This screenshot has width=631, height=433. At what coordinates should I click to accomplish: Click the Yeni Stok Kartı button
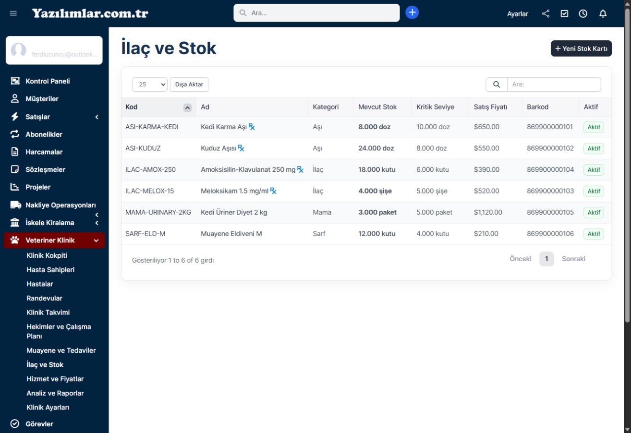click(x=581, y=48)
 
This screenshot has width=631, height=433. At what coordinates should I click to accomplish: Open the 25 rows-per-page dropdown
click(x=149, y=84)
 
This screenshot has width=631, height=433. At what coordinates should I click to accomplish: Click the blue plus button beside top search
click(x=412, y=12)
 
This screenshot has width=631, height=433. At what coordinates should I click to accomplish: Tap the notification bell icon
click(x=603, y=13)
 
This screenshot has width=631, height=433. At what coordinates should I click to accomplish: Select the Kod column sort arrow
click(x=187, y=107)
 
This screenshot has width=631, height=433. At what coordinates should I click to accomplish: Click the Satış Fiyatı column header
click(x=490, y=107)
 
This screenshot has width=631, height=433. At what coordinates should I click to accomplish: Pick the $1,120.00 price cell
click(x=488, y=212)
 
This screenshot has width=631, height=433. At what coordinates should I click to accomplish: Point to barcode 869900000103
click(x=550, y=191)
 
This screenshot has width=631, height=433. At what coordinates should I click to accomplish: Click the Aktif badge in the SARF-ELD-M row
click(x=594, y=234)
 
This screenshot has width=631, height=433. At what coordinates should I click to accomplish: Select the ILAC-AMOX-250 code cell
click(x=150, y=169)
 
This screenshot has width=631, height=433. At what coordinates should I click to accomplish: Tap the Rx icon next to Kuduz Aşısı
click(x=241, y=148)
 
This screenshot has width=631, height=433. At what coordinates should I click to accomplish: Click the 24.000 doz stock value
click(x=376, y=148)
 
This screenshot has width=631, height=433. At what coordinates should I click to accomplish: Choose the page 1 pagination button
click(x=546, y=259)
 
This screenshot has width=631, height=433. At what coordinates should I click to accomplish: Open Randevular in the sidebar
click(x=45, y=298)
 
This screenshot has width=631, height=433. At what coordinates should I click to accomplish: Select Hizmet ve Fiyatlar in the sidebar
click(x=55, y=379)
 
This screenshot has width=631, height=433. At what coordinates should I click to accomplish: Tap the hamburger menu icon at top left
click(x=13, y=13)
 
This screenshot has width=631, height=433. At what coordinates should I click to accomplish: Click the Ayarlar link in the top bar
click(x=518, y=14)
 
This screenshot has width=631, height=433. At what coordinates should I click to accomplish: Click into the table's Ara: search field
click(x=554, y=84)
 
